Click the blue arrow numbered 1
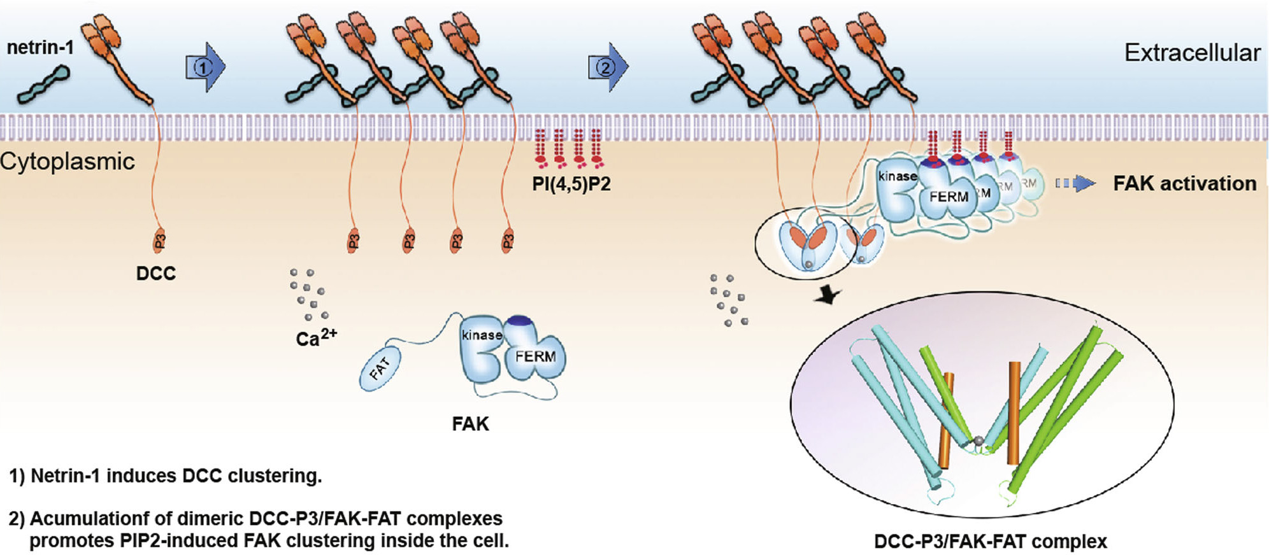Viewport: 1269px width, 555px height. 205,67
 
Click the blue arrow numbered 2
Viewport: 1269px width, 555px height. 608,66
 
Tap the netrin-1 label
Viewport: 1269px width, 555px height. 39,47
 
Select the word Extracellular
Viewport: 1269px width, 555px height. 1192,52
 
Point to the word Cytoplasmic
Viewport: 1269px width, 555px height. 68,162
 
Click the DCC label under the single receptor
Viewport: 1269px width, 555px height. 156,274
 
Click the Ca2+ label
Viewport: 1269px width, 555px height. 316,337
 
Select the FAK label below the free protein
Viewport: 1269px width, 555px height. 470,424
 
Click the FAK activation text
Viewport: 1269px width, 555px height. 1184,184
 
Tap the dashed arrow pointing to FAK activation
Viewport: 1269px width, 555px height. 1075,184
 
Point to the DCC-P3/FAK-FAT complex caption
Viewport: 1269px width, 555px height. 990,542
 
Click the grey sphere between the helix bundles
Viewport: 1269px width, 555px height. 979,440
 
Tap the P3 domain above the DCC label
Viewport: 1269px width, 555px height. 159,241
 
